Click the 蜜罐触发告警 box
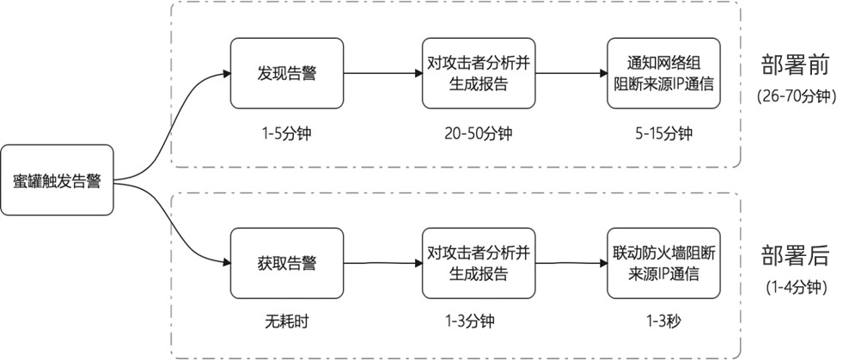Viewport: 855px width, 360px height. [57, 181]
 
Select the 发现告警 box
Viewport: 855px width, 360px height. [286, 73]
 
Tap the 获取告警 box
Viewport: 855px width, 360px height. [286, 264]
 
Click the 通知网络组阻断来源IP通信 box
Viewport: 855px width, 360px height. [663, 73]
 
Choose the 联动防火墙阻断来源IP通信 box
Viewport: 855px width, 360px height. [663, 264]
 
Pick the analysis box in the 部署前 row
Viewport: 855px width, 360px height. [479, 73]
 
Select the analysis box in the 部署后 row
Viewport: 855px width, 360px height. [479, 264]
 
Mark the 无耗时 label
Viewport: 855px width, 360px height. [286, 323]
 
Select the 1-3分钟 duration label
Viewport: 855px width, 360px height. [479, 323]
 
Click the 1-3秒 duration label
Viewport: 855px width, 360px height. [663, 323]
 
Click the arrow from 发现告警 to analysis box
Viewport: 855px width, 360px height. [382, 73]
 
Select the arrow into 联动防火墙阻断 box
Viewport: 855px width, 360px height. [571, 264]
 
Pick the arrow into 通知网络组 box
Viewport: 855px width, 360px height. [571, 73]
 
